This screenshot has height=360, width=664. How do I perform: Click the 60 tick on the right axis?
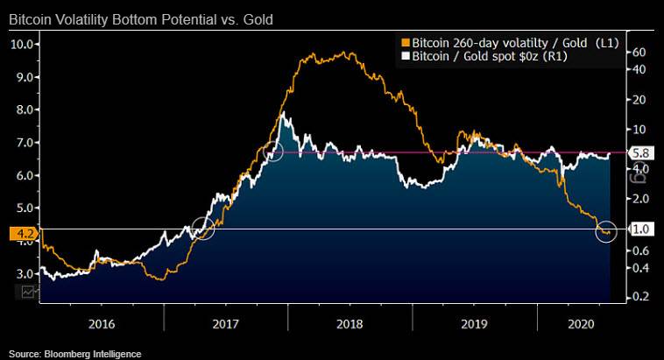click(x=639, y=53)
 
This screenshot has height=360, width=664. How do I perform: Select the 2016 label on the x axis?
click(x=102, y=323)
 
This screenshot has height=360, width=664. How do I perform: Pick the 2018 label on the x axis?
click(x=350, y=323)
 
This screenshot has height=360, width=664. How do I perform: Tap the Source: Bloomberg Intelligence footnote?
click(x=75, y=354)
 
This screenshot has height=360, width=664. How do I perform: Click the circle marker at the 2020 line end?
click(x=606, y=231)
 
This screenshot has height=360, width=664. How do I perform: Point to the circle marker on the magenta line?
click(x=272, y=151)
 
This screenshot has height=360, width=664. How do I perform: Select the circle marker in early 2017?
click(x=203, y=228)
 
